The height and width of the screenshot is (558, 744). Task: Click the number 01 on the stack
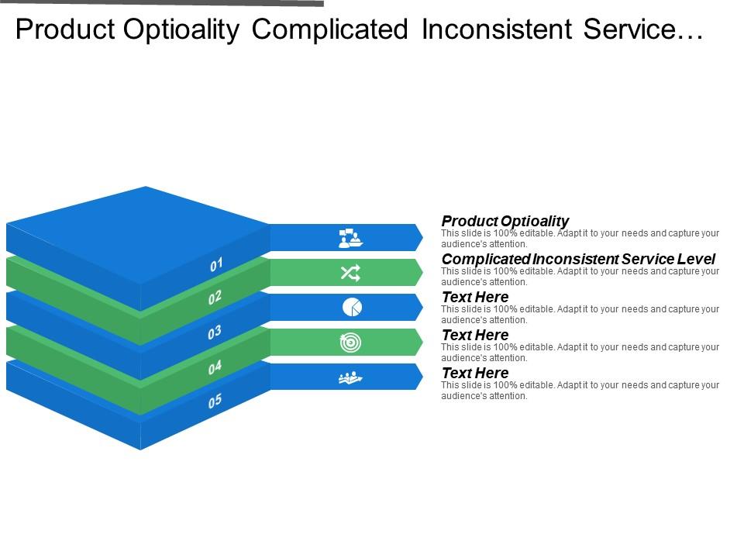coord(216,265)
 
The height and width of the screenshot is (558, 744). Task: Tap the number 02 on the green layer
coord(215,298)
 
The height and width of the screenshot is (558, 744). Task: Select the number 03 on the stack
coord(215,332)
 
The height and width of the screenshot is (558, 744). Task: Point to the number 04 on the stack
coord(215,367)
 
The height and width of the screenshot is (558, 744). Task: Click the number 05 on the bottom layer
coord(215,401)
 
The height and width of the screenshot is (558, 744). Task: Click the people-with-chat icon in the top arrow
coord(350,238)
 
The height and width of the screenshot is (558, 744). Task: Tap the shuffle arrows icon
coord(350,273)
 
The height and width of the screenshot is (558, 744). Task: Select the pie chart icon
coord(351,308)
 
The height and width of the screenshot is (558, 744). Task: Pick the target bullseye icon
coord(350,343)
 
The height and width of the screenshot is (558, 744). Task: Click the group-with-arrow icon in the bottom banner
coord(350,377)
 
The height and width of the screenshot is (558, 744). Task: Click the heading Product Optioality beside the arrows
coord(505,221)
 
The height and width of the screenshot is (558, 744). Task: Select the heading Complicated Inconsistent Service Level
coord(578,259)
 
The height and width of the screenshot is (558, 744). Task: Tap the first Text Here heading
coord(474,297)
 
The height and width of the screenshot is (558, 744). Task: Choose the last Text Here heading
coord(474,373)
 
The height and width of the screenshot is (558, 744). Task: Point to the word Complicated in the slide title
coord(329,30)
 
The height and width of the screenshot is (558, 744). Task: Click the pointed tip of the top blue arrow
coord(421,237)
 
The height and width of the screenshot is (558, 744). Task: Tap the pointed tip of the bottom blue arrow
coord(421,377)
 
